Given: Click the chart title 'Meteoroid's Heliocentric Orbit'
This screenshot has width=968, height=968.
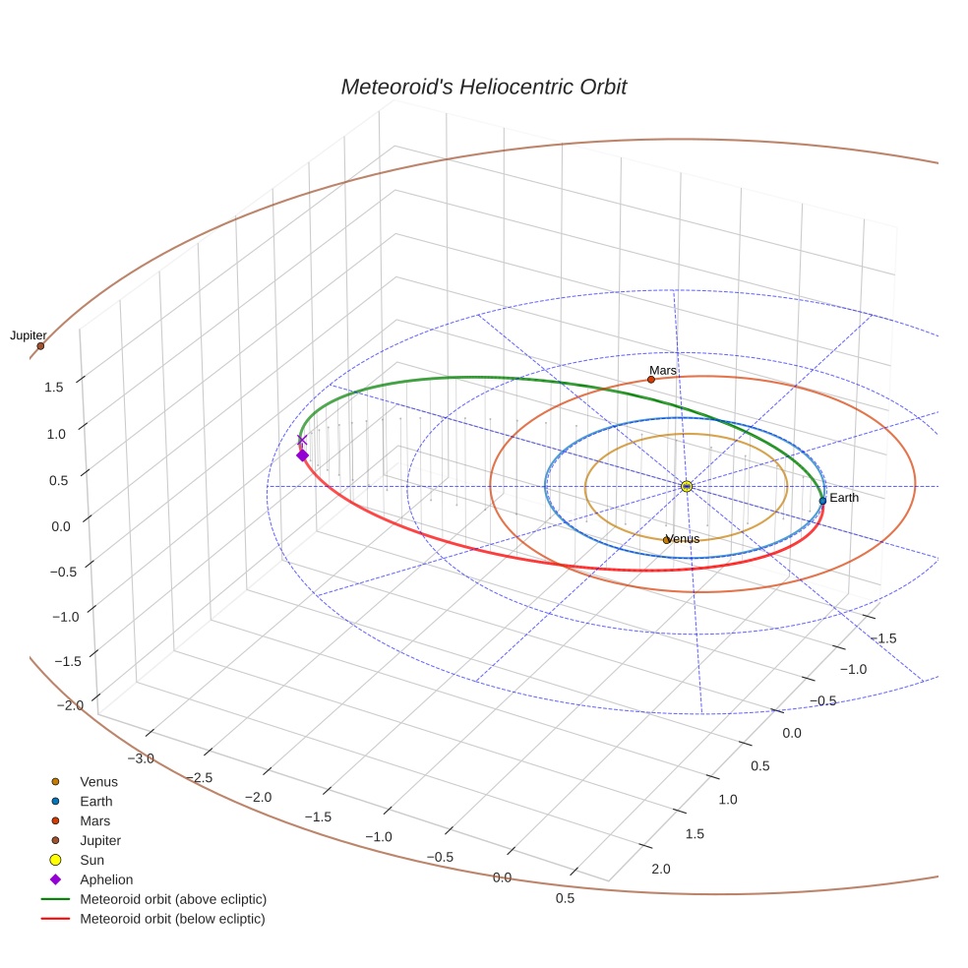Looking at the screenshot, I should coord(483,88).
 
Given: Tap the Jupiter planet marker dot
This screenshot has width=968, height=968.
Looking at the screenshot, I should coord(40,346).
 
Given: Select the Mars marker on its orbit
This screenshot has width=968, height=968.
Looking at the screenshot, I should coord(651,380).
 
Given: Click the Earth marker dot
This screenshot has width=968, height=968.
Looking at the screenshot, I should coord(822,501).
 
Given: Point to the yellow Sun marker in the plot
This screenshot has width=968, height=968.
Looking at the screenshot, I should coord(687,486).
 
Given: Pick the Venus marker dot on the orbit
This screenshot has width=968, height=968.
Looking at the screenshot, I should coord(667,540).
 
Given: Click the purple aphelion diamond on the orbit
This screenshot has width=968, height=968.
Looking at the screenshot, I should coord(302,454).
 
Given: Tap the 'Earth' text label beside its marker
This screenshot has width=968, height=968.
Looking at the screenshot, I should coord(844,498).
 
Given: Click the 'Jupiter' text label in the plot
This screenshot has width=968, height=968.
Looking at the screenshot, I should coord(29,335).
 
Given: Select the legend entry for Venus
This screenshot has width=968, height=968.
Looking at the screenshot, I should coord(98,782).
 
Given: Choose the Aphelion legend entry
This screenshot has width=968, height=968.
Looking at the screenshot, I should coord(106,879).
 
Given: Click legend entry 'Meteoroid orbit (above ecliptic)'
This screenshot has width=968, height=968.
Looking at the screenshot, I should coord(173,899).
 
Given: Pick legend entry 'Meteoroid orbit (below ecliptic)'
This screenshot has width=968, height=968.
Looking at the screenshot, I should coord(173,919).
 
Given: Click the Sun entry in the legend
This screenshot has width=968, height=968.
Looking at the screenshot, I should coord(91,860).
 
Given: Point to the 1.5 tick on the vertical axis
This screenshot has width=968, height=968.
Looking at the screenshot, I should coord(53,387).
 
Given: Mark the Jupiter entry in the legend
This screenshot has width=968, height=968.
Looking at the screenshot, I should coord(99,840).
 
